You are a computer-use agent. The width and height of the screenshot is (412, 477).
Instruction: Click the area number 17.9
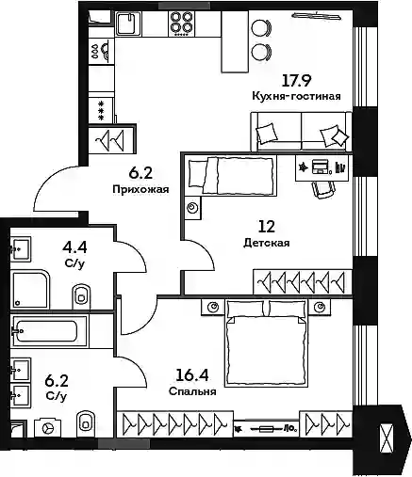(296, 81)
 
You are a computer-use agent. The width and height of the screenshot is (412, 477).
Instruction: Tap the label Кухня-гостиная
(296, 96)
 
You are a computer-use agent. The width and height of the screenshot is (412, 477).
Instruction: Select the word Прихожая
(140, 189)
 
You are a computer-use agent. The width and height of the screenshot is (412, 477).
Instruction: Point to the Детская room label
(267, 243)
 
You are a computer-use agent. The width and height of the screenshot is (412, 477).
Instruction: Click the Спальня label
(192, 391)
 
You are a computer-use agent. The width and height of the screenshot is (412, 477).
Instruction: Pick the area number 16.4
(192, 375)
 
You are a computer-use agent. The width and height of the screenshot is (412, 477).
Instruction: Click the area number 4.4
(74, 247)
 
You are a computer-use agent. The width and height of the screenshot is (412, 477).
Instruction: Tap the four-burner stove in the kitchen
(182, 24)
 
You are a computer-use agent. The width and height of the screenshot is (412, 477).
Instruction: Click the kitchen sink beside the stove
(129, 24)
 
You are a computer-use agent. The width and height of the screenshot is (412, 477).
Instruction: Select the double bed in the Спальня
(267, 343)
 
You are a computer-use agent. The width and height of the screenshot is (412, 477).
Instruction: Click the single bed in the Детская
(232, 176)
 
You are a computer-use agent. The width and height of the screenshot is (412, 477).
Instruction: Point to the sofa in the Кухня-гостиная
(301, 132)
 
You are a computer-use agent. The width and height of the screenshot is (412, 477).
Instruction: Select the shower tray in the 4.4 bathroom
(30, 289)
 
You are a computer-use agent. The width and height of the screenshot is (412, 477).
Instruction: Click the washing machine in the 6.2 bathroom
(48, 428)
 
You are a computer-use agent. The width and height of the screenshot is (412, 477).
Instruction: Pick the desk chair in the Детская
(322, 189)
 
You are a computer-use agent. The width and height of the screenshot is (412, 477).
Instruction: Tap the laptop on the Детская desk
(320, 167)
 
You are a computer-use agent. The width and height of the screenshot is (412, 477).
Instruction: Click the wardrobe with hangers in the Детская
(303, 281)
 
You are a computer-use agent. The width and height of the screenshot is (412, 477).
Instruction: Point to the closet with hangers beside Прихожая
(112, 139)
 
